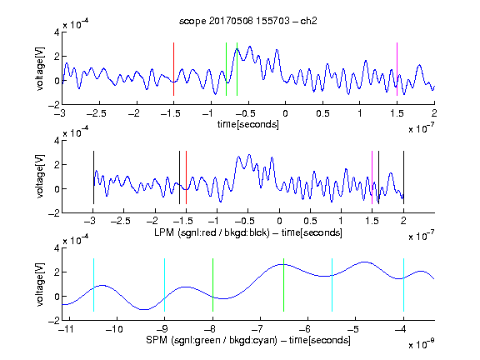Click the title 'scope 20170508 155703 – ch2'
coord(248,21)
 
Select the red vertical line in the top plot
coord(173,69)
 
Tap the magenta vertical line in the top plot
coord(397,69)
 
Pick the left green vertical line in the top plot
coord(226,69)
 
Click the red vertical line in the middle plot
coord(186,177)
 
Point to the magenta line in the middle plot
coord(372,177)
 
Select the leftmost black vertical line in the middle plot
coord(93,177)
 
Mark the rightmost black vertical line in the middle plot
coord(404,177)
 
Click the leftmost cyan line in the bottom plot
coord(93,285)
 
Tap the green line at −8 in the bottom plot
coord(212,285)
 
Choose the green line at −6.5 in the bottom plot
coord(284,285)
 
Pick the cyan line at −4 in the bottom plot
coord(404,285)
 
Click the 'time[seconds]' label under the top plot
coord(248,124)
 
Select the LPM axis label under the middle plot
coord(248,232)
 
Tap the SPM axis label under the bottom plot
coord(248,340)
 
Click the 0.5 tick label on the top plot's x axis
coord(322,113)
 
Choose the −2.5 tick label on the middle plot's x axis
coord(121,221)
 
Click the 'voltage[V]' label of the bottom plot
coord(40,284)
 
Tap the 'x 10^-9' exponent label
coord(421,344)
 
